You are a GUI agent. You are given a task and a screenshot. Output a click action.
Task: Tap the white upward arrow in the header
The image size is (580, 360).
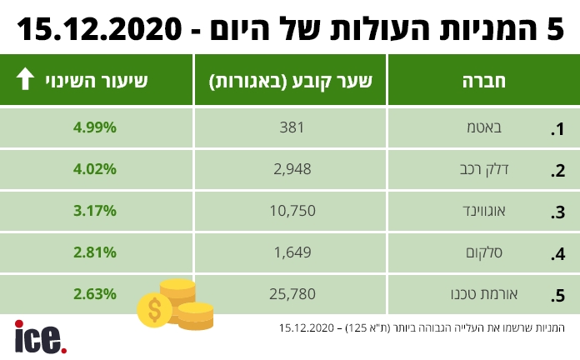click(x=25, y=80)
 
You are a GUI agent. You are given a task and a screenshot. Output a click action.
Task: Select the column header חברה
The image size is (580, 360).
click(x=483, y=81)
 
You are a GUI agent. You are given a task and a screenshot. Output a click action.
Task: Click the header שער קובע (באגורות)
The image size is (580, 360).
click(x=290, y=81)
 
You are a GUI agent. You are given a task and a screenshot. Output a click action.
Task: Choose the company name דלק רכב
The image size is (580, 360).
click(x=513, y=170)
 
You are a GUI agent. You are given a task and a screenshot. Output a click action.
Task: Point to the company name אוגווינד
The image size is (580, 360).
click(x=509, y=212)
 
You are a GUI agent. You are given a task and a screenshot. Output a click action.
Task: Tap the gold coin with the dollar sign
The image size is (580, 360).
click(x=155, y=311)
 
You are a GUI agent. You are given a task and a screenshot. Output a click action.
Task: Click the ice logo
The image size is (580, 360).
click(x=38, y=336)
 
